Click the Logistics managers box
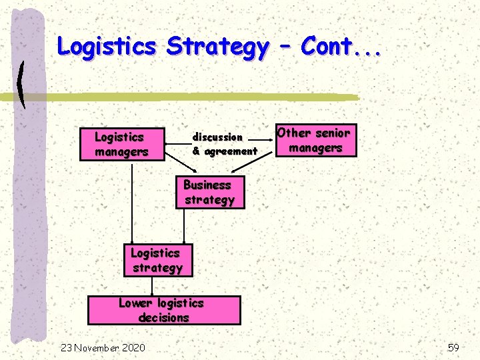pos(121,144)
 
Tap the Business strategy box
pos(209,193)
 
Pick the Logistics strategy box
pos(157,261)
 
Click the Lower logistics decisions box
pos(164,310)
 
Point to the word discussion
pos(217,137)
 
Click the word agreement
pos(230,151)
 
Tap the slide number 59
pos(453,347)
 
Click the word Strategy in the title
pos(218,47)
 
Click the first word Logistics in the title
pos(106,47)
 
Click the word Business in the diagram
pos(207,185)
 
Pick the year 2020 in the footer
pos(134,347)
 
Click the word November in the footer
pos(96,347)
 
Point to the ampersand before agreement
pos(196,151)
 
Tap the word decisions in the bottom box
pos(164,317)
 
